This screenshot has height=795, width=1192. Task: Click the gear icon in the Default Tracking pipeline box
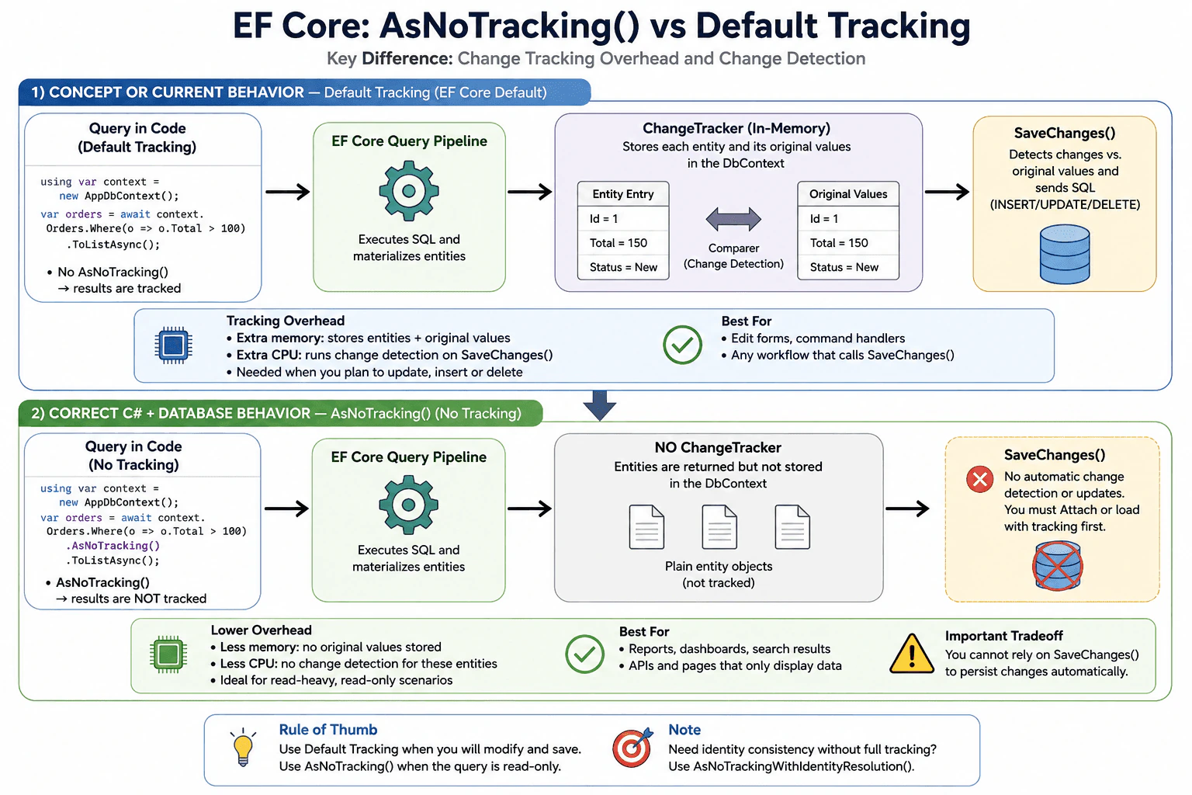(409, 191)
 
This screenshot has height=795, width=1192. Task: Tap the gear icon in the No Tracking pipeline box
(408, 505)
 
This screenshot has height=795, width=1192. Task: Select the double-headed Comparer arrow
(733, 219)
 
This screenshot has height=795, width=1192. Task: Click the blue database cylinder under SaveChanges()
(1064, 254)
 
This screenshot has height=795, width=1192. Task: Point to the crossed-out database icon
(1058, 565)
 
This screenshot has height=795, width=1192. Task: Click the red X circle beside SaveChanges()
(979, 479)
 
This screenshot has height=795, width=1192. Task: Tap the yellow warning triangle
(912, 654)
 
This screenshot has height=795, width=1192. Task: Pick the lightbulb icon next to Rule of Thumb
(243, 747)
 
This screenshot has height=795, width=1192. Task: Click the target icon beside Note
(632, 747)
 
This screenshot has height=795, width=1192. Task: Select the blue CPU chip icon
(174, 345)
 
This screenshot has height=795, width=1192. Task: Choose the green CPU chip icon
(168, 654)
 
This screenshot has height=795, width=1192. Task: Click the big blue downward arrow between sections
(600, 405)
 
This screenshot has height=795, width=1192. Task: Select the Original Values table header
(848, 194)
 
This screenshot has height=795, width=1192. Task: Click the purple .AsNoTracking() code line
(113, 545)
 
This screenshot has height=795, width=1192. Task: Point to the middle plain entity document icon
(719, 526)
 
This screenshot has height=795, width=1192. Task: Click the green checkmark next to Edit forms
(682, 345)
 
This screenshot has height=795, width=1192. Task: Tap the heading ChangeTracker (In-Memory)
(736, 128)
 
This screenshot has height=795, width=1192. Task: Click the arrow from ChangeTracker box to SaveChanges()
(947, 192)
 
